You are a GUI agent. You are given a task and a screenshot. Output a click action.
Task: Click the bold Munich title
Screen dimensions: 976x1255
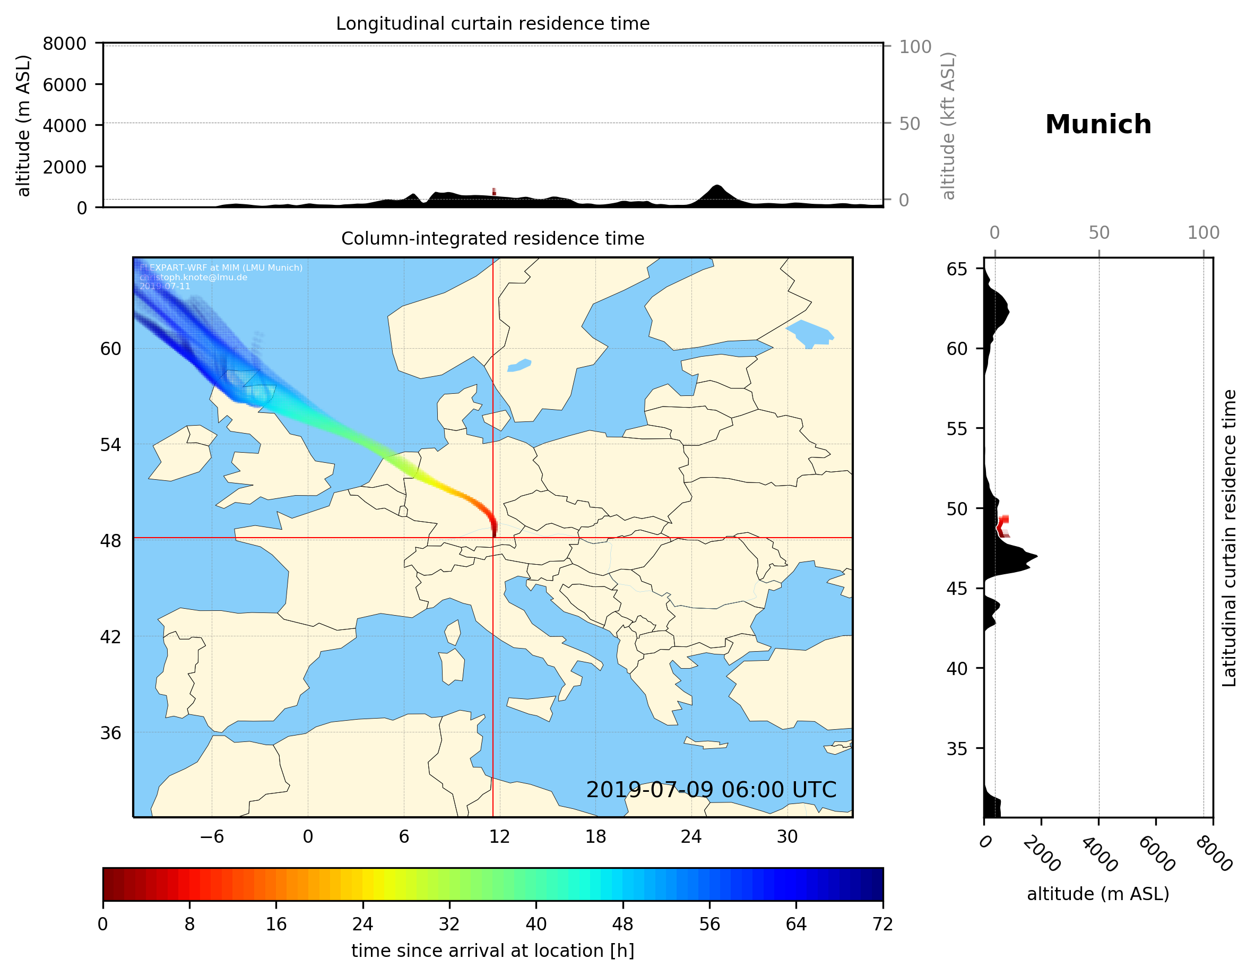pyautogui.click(x=1097, y=125)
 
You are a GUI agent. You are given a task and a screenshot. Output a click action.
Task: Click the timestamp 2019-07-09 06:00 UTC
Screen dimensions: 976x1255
pyautogui.click(x=711, y=790)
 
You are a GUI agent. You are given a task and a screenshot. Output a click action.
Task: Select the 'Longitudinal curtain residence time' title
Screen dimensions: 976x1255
pyautogui.click(x=492, y=23)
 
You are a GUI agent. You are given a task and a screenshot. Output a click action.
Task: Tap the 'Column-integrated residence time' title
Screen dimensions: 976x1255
pyautogui.click(x=492, y=238)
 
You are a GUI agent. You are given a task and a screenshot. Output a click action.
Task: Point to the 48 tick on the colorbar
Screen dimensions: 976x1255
pyautogui.click(x=622, y=923)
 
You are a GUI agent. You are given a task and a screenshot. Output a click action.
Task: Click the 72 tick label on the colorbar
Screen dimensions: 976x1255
pyautogui.click(x=882, y=923)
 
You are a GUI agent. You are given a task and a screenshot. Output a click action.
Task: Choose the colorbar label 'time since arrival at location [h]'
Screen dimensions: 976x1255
pyautogui.click(x=492, y=950)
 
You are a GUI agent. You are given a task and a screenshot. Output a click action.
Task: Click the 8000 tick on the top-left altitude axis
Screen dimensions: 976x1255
pyautogui.click(x=64, y=44)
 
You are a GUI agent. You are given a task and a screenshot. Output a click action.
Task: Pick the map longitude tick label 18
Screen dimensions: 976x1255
pyautogui.click(x=595, y=836)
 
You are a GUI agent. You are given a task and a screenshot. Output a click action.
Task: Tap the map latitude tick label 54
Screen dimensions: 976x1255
pyautogui.click(x=111, y=444)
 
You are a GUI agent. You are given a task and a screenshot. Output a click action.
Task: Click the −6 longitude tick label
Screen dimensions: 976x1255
pyautogui.click(x=211, y=836)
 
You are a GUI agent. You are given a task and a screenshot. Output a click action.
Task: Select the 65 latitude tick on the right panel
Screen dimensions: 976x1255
pyautogui.click(x=957, y=269)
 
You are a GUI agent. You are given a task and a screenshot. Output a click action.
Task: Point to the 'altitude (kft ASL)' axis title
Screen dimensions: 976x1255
pyautogui.click(x=948, y=126)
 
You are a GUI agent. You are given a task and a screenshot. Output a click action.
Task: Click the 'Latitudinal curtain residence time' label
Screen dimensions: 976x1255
pyautogui.click(x=1228, y=538)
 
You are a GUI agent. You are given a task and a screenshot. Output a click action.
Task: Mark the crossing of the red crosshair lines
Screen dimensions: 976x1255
pyautogui.click(x=493, y=538)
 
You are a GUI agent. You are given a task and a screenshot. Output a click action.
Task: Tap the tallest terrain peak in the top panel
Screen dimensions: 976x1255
pyautogui.click(x=716, y=186)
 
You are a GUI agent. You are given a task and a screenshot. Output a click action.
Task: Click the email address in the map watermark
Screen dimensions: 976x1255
pyautogui.click(x=194, y=277)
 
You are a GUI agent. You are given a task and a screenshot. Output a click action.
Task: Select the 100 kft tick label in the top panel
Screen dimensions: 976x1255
pyautogui.click(x=915, y=47)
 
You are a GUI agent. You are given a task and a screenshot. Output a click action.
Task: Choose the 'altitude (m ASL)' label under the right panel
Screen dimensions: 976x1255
pyautogui.click(x=1097, y=894)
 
